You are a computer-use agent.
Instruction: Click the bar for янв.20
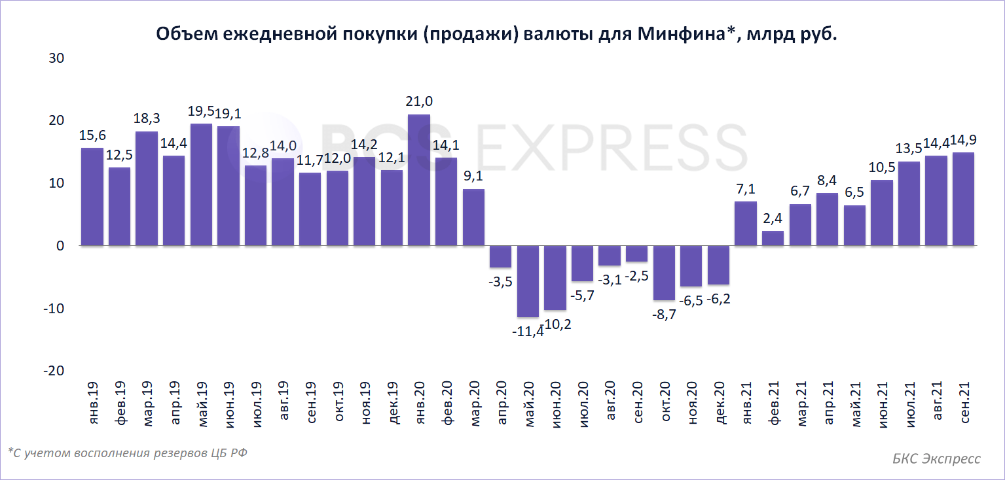(x=419, y=180)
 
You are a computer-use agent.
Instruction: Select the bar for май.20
(x=528, y=281)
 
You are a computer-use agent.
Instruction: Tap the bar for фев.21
(x=773, y=238)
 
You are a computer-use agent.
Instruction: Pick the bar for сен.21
(x=963, y=199)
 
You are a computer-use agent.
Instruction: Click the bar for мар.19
(x=147, y=188)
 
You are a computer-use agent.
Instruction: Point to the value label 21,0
(x=420, y=101)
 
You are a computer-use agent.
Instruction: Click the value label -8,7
(x=664, y=315)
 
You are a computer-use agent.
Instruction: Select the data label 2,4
(x=773, y=218)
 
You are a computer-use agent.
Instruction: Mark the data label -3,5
(x=501, y=282)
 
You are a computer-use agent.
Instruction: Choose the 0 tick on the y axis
(x=60, y=246)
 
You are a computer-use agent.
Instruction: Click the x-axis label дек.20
(x=720, y=403)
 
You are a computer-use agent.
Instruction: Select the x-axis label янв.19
(x=93, y=403)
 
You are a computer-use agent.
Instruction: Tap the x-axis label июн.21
(x=883, y=403)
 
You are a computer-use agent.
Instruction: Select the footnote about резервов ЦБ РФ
(x=128, y=453)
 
